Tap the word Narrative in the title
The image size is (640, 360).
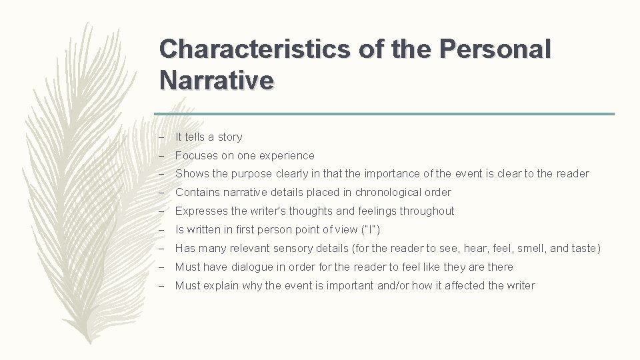click(217, 81)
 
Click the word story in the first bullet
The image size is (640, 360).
click(229, 137)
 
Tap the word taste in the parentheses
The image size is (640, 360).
click(585, 249)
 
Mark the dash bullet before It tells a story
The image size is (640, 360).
click(162, 137)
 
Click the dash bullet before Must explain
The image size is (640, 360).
click(162, 286)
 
